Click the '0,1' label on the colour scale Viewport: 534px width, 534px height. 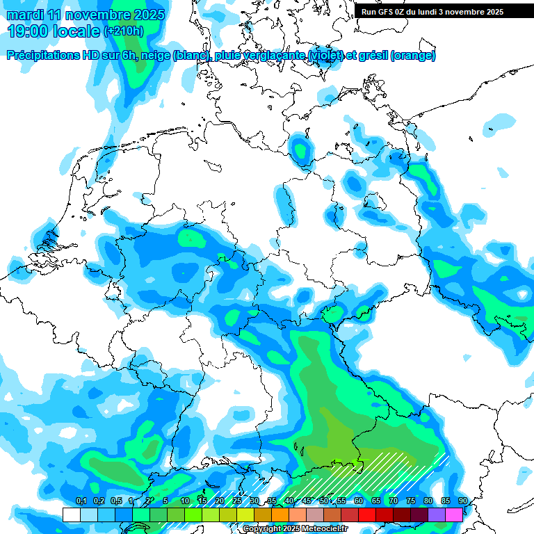[x=81, y=501]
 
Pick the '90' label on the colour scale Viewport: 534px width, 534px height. [x=462, y=501]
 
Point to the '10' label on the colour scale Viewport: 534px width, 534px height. [x=185, y=501]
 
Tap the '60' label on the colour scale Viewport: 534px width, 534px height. [x=359, y=501]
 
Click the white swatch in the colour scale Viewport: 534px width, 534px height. [x=71, y=515]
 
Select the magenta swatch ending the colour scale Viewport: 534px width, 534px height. [x=454, y=515]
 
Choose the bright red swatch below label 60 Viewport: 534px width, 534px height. [x=367, y=515]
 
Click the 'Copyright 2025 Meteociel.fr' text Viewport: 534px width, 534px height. [x=295, y=528]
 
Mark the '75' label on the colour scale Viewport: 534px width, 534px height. [x=411, y=501]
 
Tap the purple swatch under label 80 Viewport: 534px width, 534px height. [x=437, y=515]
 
